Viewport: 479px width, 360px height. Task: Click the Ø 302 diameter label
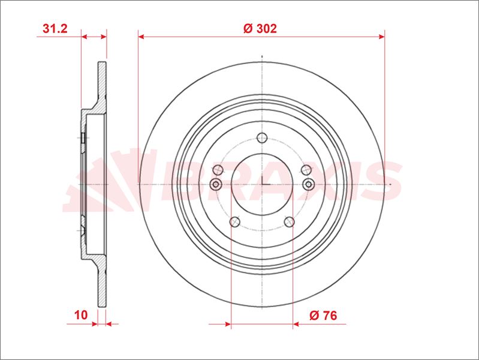pyautogui.click(x=260, y=28)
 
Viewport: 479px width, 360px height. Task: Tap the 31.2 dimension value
pyautogui.click(x=55, y=28)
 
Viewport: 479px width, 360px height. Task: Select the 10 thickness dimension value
pyautogui.click(x=81, y=315)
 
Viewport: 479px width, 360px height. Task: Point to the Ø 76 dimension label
pyautogui.click(x=323, y=315)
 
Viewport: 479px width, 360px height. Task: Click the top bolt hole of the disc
pyautogui.click(x=262, y=138)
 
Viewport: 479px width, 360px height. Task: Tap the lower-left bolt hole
pyautogui.click(x=234, y=222)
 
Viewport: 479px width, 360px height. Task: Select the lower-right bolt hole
pyautogui.click(x=290, y=222)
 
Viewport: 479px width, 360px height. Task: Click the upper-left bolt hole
pyautogui.click(x=218, y=170)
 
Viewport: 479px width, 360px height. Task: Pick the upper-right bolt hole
pyautogui.click(x=306, y=170)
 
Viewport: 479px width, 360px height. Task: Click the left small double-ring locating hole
pyautogui.click(x=216, y=184)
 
